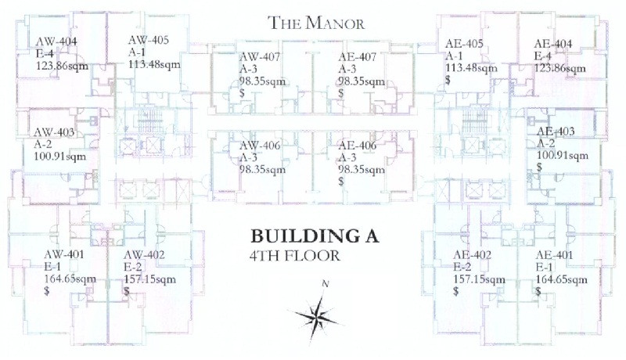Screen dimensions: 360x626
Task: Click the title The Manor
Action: pyautogui.click(x=316, y=23)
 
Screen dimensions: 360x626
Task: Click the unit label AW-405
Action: pyautogui.click(x=148, y=40)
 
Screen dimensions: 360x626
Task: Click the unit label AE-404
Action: pyautogui.click(x=553, y=44)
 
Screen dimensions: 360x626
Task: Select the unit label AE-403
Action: pyautogui.click(x=556, y=131)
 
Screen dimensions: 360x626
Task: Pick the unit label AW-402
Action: pyautogui.click(x=143, y=254)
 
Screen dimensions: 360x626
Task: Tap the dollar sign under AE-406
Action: pyautogui.click(x=341, y=182)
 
